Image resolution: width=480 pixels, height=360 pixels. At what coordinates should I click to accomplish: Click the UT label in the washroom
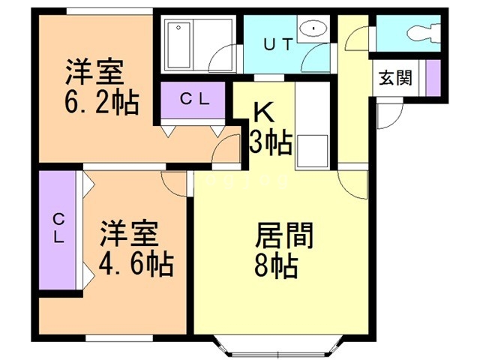[x=278, y=45]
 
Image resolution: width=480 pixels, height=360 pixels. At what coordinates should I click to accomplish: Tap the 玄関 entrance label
[x=395, y=78]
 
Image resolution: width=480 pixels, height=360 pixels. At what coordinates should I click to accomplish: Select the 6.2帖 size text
[x=102, y=102]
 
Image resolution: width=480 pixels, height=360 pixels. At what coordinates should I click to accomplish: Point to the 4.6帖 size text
[x=136, y=265]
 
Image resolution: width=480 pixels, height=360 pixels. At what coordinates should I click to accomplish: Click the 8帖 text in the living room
[x=276, y=266]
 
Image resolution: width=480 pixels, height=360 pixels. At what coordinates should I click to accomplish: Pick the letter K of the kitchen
[x=264, y=112]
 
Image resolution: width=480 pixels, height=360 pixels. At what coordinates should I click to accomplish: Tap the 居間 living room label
[x=284, y=235]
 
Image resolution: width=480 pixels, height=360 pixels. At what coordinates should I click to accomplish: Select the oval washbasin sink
[x=313, y=28]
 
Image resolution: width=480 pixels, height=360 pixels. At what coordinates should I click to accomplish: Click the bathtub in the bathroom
[x=178, y=45]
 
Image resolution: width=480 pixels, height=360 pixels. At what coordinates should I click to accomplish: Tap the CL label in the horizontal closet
[x=194, y=99]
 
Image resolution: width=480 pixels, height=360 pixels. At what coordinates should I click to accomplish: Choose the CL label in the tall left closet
[x=58, y=228]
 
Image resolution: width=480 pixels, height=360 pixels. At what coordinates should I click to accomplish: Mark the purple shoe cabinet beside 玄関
[x=433, y=78]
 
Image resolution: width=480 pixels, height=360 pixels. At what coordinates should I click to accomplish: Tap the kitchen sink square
[x=312, y=151]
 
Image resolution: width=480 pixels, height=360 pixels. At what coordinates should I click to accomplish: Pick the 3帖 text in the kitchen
[x=271, y=142]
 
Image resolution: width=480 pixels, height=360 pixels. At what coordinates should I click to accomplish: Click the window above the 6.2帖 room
[x=109, y=11]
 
